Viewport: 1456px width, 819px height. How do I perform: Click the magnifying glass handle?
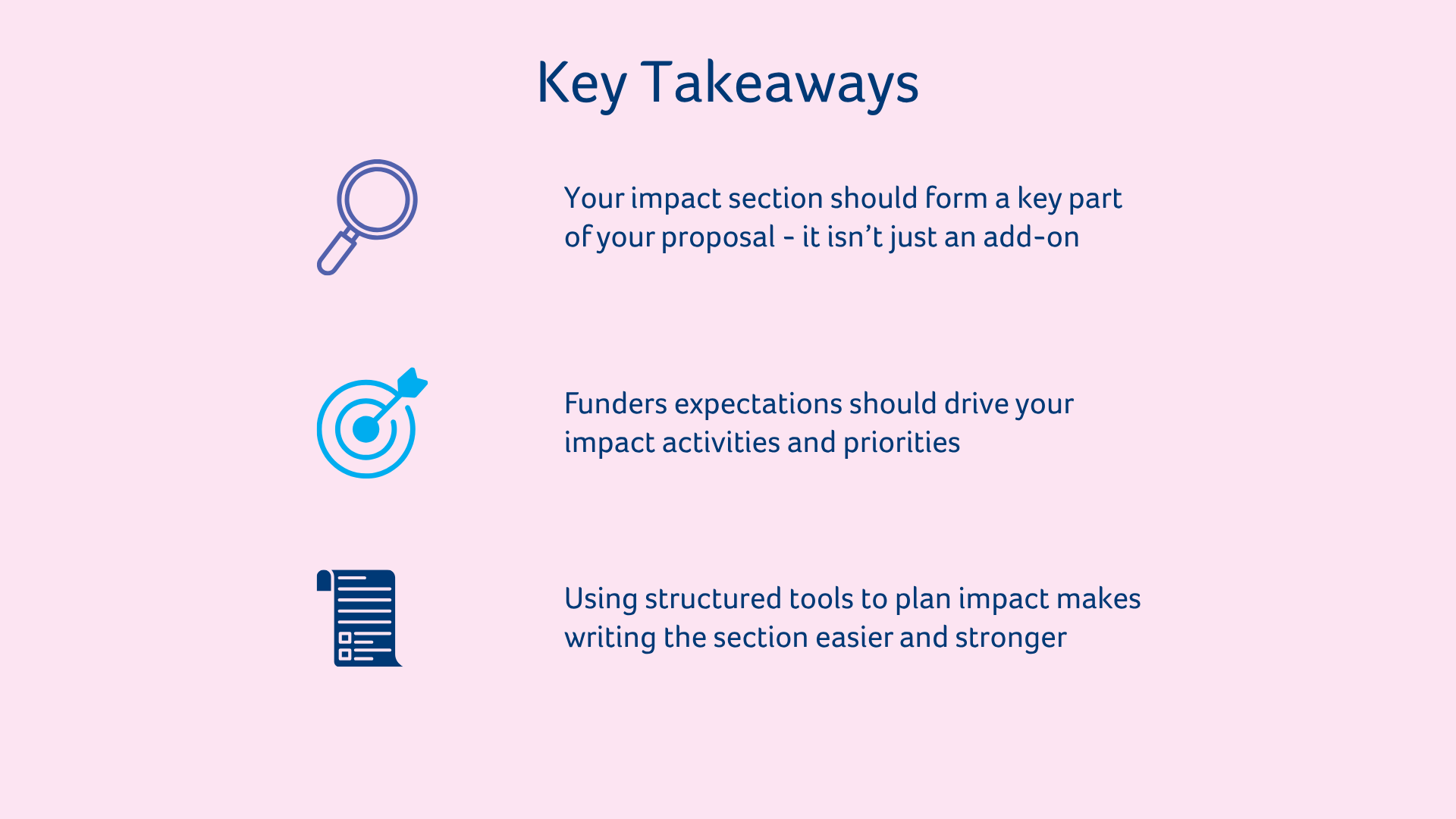click(x=337, y=253)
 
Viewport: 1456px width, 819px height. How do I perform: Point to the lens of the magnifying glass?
click(x=377, y=199)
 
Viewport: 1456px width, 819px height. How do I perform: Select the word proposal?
click(x=718, y=238)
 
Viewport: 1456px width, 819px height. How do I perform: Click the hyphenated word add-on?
click(x=1031, y=237)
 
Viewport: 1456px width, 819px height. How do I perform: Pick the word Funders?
click(x=616, y=403)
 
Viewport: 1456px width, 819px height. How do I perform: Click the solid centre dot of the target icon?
click(x=366, y=429)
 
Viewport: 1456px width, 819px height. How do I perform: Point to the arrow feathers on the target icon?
click(x=413, y=382)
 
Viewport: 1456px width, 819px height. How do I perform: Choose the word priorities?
click(x=902, y=443)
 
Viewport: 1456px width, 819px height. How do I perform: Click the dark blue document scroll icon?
click(x=359, y=618)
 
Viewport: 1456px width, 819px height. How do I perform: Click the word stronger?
click(x=1011, y=639)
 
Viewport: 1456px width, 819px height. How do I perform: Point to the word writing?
click(x=610, y=639)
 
